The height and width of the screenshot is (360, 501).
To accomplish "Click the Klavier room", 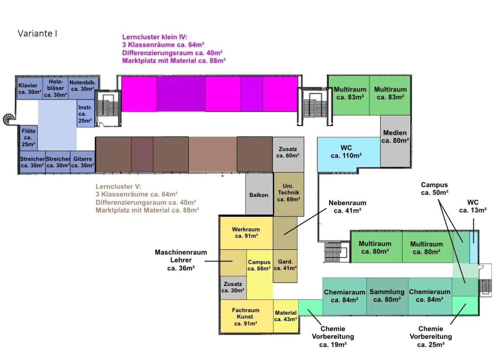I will [29, 88].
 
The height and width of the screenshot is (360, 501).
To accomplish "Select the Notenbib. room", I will [82, 86].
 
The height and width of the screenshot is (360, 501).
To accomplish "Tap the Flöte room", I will [28, 137].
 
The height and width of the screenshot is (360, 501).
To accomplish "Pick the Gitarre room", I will [82, 162].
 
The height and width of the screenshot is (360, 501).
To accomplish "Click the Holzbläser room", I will [56, 88].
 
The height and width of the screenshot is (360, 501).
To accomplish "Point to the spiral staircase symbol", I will [9, 119].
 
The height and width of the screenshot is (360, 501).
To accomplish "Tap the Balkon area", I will [259, 195].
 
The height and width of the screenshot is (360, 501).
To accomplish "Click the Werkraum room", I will [246, 232].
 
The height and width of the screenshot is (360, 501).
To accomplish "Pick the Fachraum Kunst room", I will [246, 316].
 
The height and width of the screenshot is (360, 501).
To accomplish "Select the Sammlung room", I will [387, 296].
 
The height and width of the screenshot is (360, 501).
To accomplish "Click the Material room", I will [286, 316].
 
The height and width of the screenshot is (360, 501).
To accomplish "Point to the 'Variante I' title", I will [37, 34].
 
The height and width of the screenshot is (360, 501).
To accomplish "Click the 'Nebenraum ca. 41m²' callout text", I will [347, 207].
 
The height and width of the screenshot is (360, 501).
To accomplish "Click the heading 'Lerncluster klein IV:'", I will [155, 37].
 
